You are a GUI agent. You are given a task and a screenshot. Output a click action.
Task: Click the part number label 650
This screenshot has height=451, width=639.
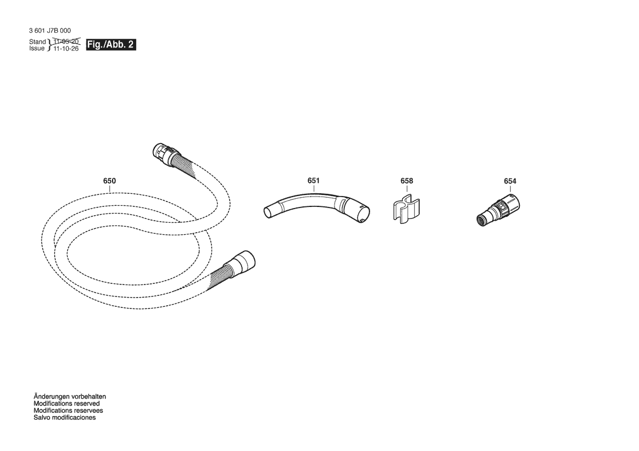[109, 181]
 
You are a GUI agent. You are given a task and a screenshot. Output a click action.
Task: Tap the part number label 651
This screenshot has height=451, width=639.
[313, 180]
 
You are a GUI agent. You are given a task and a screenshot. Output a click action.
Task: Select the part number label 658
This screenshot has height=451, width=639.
[407, 181]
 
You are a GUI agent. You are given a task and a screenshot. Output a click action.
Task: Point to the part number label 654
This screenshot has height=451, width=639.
[510, 181]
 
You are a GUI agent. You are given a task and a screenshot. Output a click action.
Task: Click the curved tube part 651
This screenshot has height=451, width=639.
[314, 199]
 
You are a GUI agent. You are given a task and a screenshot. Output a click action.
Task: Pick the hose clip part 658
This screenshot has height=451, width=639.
[407, 209]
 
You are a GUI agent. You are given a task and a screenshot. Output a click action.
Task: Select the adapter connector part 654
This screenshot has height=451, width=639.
[498, 210]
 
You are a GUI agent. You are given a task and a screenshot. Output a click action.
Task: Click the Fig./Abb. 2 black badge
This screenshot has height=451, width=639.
[111, 44]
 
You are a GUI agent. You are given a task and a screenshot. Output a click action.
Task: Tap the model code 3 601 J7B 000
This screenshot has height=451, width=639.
[50, 31]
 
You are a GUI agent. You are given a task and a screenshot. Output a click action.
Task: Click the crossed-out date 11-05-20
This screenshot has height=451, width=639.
[66, 41]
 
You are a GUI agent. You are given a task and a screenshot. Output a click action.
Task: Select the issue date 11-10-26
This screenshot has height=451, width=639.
[66, 49]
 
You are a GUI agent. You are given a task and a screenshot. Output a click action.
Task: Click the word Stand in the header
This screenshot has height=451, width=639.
[38, 41]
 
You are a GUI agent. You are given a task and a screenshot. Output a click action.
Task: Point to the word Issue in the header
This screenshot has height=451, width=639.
[37, 49]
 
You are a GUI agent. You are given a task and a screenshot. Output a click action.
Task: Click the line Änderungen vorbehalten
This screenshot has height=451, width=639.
[69, 396]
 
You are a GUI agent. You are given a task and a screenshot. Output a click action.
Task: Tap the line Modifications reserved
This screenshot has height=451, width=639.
[67, 403]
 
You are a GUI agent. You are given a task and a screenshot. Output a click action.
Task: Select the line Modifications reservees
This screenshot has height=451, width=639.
[68, 410]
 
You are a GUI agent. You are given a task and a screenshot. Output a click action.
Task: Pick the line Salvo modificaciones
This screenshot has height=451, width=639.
[65, 417]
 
